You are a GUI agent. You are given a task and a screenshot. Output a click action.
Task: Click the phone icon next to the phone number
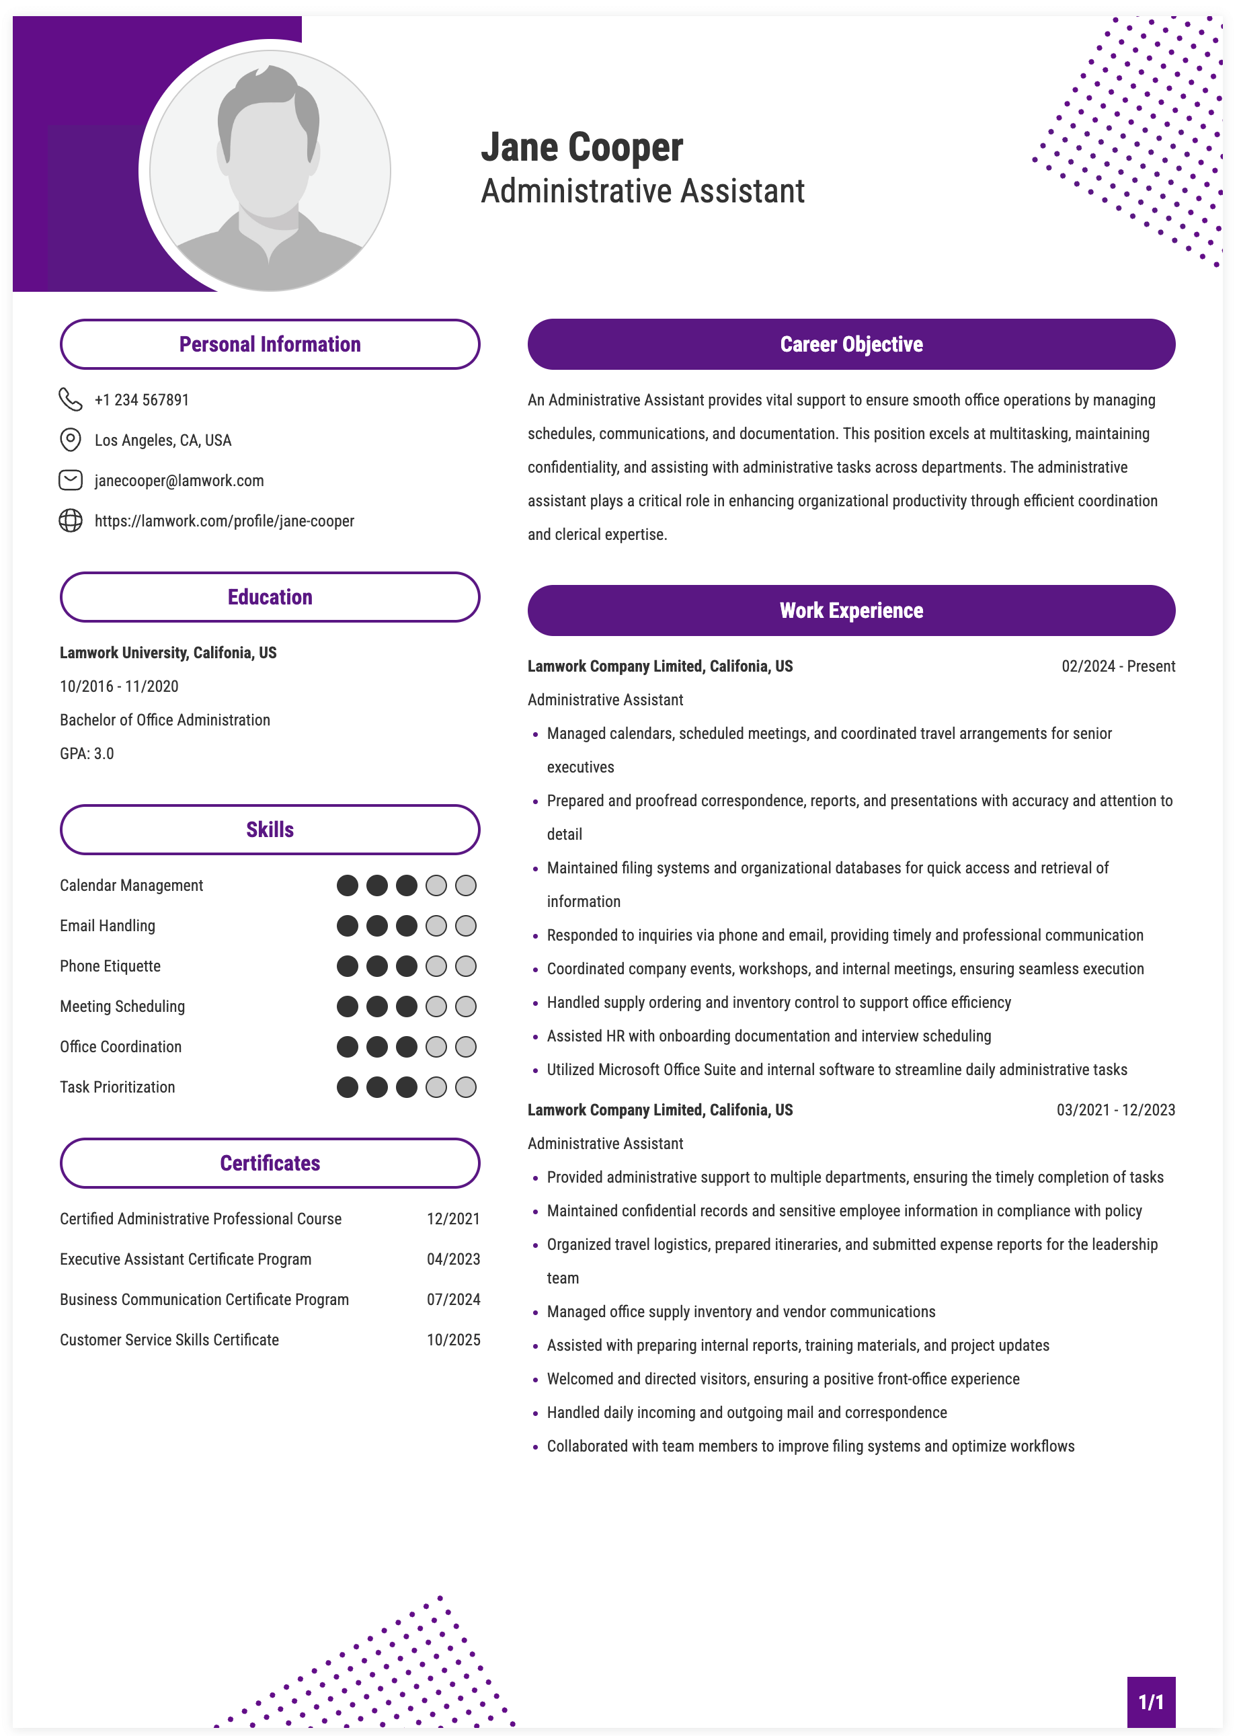[x=70, y=399]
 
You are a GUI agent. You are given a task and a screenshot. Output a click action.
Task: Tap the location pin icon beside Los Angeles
[x=70, y=440]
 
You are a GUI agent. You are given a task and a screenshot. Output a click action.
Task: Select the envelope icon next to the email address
[x=70, y=480]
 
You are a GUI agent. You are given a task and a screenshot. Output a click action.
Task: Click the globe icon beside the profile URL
[x=70, y=520]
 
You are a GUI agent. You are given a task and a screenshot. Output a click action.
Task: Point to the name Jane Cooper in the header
[x=582, y=147]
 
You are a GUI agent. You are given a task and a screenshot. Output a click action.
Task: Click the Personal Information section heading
[x=270, y=344]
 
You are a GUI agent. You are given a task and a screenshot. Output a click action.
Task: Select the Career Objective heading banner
[x=850, y=344]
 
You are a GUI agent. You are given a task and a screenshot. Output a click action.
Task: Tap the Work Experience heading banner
[x=850, y=610]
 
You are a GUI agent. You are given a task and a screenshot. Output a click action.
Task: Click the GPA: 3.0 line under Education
[x=87, y=753]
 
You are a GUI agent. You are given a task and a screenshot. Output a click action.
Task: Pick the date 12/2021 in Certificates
[x=453, y=1219]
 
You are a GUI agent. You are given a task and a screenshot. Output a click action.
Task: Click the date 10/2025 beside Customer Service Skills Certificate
[x=453, y=1340]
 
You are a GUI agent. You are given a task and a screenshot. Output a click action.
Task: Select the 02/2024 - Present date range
[x=1118, y=666]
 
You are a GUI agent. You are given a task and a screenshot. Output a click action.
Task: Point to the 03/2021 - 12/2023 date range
[x=1115, y=1109]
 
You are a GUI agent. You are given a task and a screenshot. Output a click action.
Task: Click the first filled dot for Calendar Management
[x=347, y=885]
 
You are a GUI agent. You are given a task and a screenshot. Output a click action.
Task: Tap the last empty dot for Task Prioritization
[x=465, y=1087]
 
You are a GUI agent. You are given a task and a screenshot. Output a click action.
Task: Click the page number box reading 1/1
[x=1150, y=1702]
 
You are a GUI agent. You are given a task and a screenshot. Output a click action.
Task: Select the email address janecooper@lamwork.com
[x=179, y=480]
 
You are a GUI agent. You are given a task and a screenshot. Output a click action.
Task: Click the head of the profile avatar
[x=268, y=137]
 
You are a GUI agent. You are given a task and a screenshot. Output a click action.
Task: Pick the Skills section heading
[x=270, y=830]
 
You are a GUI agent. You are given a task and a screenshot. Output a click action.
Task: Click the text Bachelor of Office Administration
[x=165, y=719]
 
